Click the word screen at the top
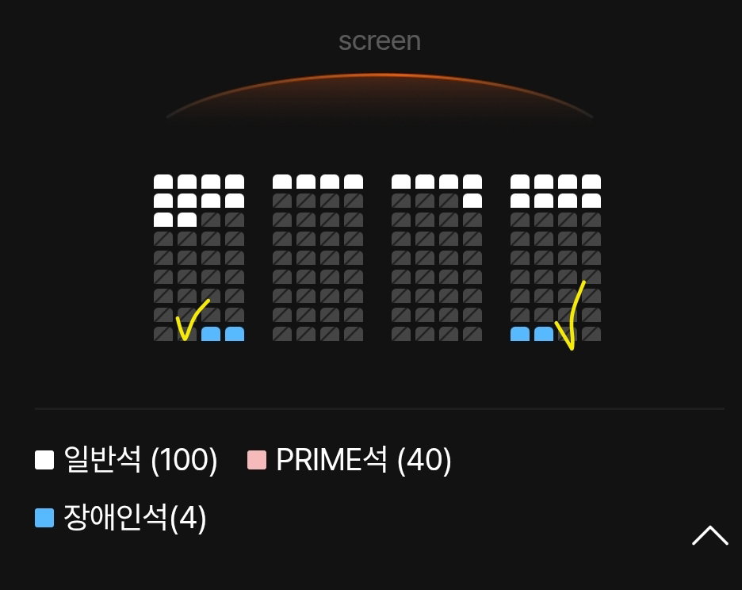[x=380, y=41]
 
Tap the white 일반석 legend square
[x=44, y=460]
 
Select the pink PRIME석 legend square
[x=257, y=460]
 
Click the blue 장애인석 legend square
[x=44, y=518]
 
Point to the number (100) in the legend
[x=184, y=459]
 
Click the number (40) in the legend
[x=424, y=459]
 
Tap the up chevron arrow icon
[x=709, y=535]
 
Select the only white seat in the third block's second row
[x=472, y=201]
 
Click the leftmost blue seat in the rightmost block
[x=520, y=334]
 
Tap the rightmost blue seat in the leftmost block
[x=235, y=334]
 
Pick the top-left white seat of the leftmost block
[x=163, y=182]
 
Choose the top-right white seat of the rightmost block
[x=591, y=182]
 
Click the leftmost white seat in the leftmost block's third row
[x=163, y=220]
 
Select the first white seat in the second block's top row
[x=282, y=182]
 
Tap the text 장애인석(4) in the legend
[x=135, y=518]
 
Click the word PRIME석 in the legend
[x=331, y=459]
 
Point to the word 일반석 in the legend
[x=102, y=459]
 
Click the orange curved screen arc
[x=380, y=75]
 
